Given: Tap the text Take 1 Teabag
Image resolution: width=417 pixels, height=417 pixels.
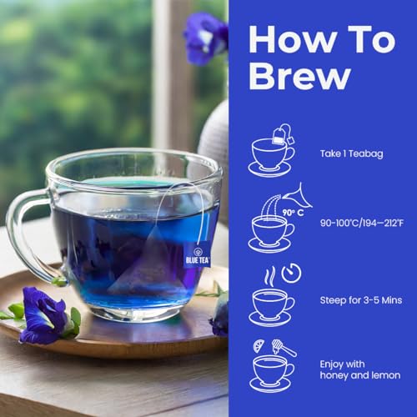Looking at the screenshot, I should point(351,154).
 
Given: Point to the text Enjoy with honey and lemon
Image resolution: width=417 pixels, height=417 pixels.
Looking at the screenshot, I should point(360,370).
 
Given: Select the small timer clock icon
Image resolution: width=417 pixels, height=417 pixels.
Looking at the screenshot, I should point(291,272).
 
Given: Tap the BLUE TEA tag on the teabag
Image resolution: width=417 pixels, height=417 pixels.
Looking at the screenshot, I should point(198,254).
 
